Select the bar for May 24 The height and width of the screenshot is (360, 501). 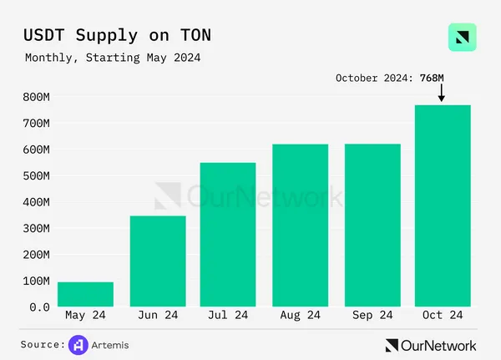click(x=85, y=294)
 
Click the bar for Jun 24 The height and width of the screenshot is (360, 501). click(x=157, y=261)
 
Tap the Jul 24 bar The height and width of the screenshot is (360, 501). click(x=228, y=235)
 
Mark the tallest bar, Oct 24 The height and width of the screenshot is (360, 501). click(x=443, y=206)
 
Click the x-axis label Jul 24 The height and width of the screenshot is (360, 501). click(x=228, y=316)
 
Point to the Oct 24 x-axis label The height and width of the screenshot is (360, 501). click(x=443, y=316)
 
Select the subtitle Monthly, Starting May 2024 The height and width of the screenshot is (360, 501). click(x=113, y=58)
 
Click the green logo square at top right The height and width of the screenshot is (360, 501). click(x=462, y=38)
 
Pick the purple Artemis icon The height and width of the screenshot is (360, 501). click(x=78, y=344)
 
